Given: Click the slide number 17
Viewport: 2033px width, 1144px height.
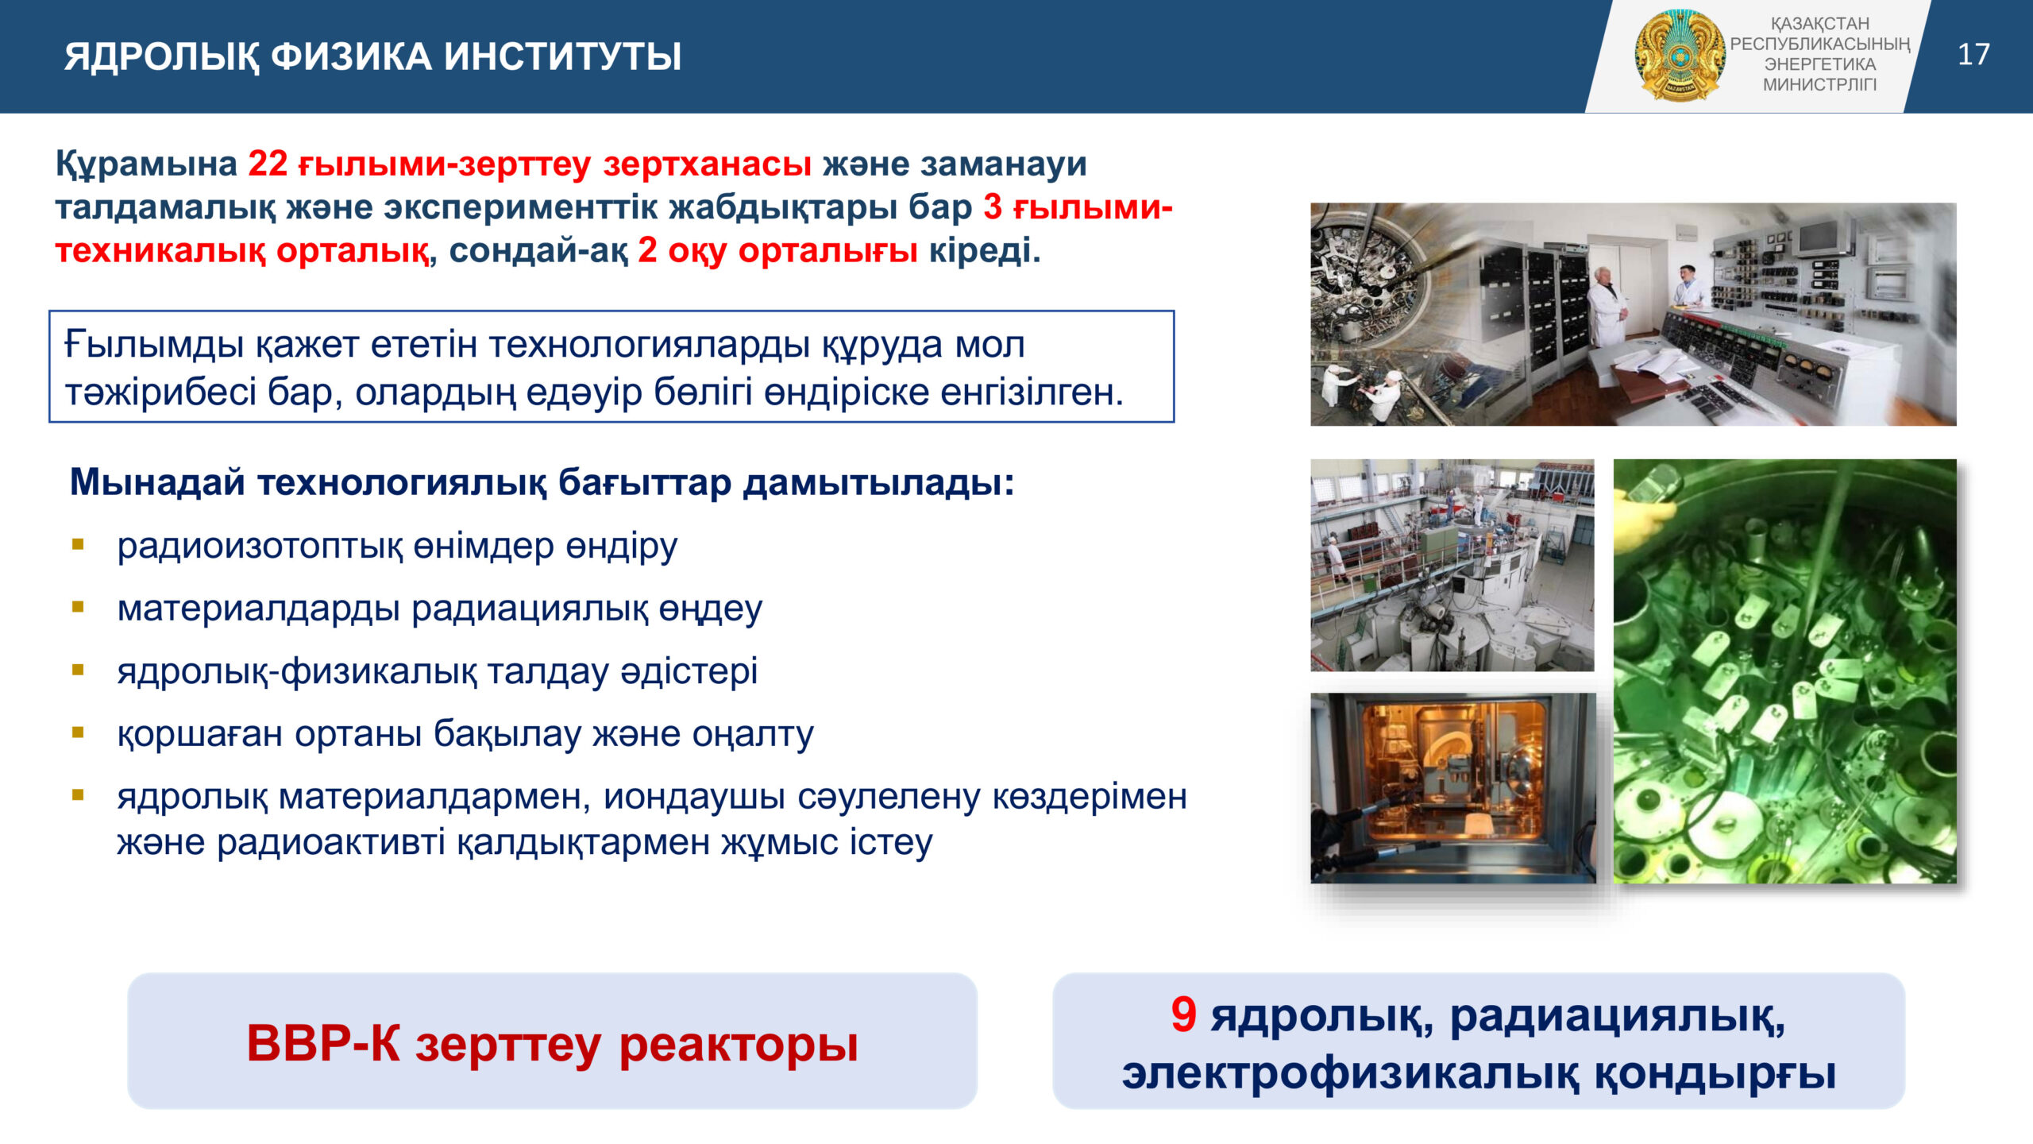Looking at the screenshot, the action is [1973, 55].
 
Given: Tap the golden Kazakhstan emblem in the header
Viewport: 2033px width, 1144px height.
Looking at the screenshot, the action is [1680, 56].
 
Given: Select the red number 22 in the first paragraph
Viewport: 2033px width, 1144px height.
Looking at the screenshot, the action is [268, 164].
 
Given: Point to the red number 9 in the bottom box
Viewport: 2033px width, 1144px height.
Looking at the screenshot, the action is [1183, 1015].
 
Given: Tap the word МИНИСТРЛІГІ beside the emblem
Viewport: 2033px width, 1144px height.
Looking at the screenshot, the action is [1819, 85].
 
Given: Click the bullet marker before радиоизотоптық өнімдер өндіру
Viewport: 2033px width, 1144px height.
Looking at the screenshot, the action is [78, 544].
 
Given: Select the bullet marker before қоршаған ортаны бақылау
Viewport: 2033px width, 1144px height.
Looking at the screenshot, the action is [78, 732].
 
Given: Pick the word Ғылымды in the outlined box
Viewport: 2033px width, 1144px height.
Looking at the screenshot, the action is [153, 346].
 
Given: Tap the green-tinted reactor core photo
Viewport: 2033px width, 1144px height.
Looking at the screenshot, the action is [1784, 671].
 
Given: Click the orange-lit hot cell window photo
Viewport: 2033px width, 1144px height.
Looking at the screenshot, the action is [1452, 787].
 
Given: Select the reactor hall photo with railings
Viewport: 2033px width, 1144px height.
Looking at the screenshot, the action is [1452, 565].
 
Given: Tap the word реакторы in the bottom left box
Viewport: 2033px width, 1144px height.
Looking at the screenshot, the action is [739, 1044].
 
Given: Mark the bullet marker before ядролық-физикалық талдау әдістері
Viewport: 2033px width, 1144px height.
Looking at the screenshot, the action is [78, 670].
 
